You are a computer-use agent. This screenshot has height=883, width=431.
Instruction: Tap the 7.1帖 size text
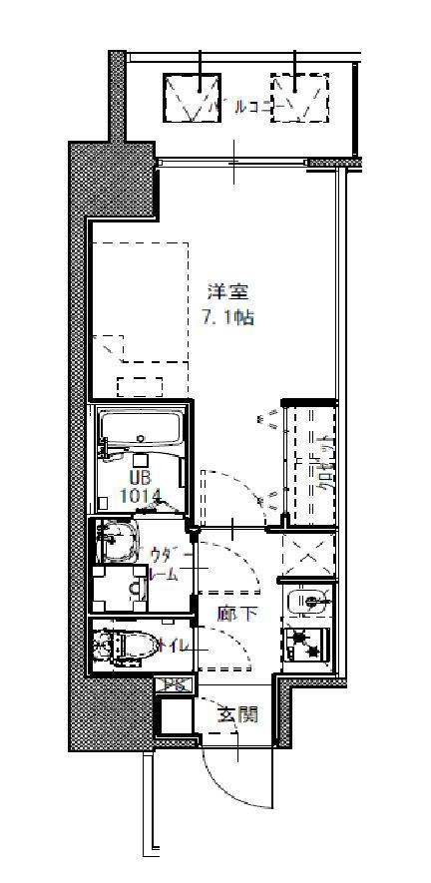pos(226,317)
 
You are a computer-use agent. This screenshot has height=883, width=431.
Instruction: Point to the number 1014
pos(141,494)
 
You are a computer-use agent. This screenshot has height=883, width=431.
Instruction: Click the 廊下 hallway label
pos(237,614)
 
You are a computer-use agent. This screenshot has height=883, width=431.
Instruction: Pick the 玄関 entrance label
pos(239,714)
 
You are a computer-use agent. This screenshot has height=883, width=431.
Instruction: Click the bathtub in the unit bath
pos(140,429)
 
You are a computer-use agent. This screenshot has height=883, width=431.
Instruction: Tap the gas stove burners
pos(307,644)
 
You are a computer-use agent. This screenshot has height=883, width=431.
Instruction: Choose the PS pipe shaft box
pos(174,685)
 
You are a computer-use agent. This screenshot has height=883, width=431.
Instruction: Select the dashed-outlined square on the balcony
pos(298,98)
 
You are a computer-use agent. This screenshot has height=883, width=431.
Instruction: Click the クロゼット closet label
pos(323,464)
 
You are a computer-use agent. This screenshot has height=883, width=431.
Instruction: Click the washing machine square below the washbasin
pos(117,590)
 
